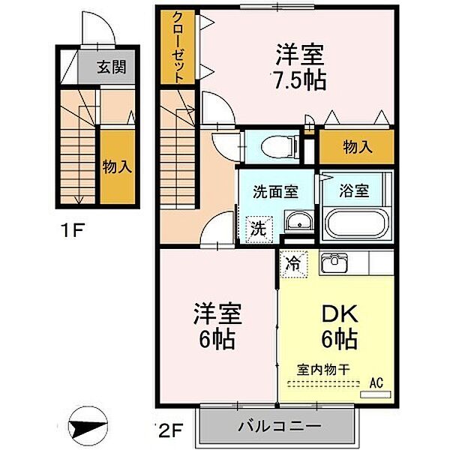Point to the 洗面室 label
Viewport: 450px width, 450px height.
275,190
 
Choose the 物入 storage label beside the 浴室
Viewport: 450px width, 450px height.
357,146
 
